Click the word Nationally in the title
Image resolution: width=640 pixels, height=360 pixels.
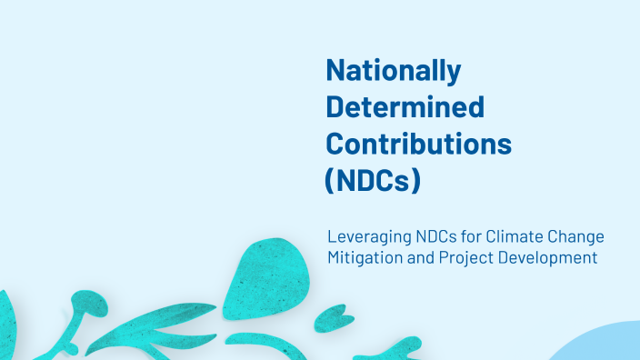point(393,71)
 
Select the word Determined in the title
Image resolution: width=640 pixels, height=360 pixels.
point(405,107)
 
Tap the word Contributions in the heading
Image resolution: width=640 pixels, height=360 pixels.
point(418,143)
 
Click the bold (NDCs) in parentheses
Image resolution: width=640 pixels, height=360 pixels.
point(373,180)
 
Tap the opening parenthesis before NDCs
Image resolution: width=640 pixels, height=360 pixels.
point(331,180)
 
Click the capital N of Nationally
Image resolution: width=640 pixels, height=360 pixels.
point(335,71)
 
